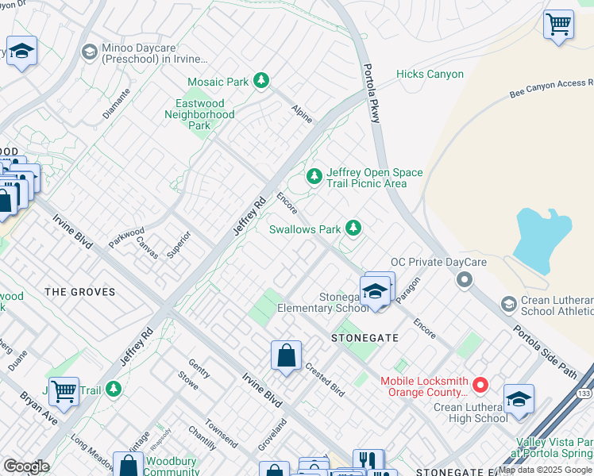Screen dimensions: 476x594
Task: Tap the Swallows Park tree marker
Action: pos(353,229)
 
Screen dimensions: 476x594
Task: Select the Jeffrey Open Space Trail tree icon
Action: pos(314,176)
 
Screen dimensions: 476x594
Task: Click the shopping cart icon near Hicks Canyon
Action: pos(558,23)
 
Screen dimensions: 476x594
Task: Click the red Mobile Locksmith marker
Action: pos(480,386)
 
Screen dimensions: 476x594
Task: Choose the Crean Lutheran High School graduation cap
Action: pos(518,398)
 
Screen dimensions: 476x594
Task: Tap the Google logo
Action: pos(26,466)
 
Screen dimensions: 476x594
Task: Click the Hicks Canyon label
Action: pos(430,74)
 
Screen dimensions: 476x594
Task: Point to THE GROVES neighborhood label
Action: pos(79,292)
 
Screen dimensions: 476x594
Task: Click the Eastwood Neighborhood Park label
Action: pos(199,114)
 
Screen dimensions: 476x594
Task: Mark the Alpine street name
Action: pos(301,113)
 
